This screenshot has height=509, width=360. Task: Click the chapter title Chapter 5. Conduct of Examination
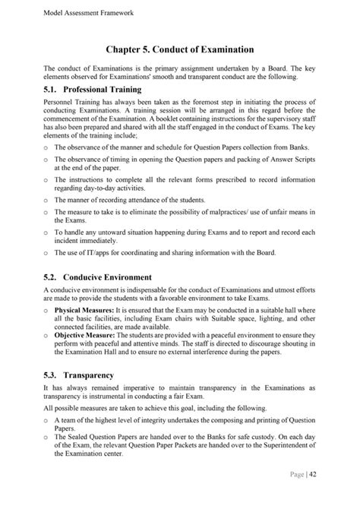179,50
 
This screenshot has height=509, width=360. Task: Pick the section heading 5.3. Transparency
79,375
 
